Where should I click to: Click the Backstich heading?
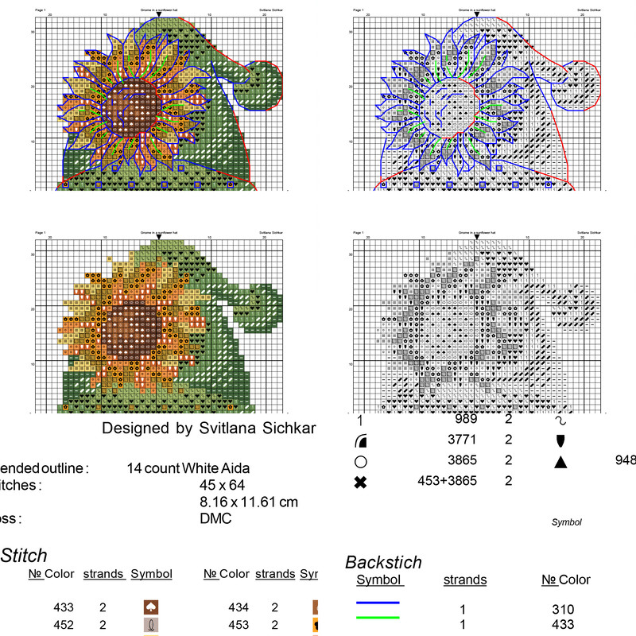coord(383,562)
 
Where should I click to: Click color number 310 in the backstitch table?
coord(563,608)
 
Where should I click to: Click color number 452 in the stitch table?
coord(64,624)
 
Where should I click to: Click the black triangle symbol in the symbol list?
coord(560,461)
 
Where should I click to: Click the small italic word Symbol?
coord(566,522)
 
